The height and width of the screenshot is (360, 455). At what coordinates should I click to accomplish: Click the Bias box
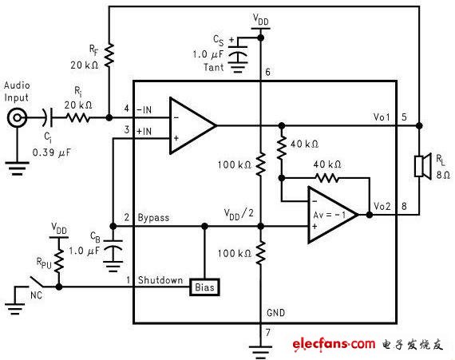pos(204,287)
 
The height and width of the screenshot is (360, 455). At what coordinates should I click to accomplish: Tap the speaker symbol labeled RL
pos(423,166)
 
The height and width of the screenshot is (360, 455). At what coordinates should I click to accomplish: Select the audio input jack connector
pos(17,118)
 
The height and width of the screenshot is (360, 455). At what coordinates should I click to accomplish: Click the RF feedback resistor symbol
pos(109,55)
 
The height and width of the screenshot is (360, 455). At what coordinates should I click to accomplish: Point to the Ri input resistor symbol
pos(78,118)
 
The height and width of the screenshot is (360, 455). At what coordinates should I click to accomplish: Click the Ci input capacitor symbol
pos(49,118)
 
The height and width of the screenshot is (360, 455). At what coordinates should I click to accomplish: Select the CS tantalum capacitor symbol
pos(238,53)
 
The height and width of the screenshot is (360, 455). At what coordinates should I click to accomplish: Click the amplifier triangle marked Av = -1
pos(333,215)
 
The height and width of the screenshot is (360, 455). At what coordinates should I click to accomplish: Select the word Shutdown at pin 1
pos(160,280)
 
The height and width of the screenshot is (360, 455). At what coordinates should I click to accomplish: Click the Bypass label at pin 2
pos(153,218)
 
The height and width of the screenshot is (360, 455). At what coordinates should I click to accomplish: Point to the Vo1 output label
pos(382,117)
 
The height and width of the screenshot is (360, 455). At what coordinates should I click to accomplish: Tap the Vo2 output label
pos(382,207)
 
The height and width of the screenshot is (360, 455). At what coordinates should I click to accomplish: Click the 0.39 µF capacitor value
pos(52,152)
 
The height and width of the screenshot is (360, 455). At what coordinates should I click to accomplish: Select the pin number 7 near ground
pos(268,332)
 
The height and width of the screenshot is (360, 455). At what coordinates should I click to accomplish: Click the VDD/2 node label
pos(239,215)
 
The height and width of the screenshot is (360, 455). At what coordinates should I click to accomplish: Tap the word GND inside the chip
pos(275,313)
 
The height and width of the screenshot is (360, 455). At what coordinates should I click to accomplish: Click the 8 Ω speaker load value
pos(443,176)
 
